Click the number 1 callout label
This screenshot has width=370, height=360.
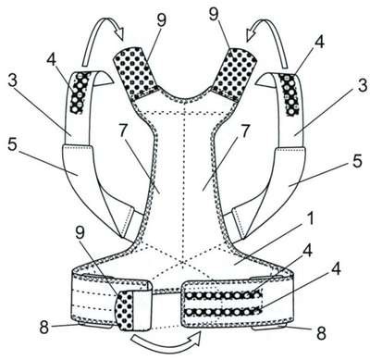tap(310, 219)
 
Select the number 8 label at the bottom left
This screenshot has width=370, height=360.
tap(44, 328)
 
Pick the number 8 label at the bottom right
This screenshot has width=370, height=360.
tap(322, 333)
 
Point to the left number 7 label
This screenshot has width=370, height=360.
tap(123, 131)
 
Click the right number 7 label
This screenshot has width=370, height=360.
tap(244, 131)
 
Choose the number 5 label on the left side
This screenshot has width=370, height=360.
tap(12, 144)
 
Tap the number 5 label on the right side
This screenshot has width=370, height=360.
tap(357, 161)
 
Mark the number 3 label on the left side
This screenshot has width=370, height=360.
tap(12, 81)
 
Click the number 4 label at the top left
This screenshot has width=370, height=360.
tap(52, 60)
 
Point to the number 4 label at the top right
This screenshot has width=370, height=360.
tap(320, 42)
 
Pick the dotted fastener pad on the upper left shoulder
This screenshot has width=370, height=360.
tap(137, 73)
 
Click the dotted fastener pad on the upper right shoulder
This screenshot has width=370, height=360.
tap(233, 74)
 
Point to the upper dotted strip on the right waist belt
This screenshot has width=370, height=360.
tap(223, 295)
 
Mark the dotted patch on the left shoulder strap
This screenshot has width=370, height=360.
tap(80, 93)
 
